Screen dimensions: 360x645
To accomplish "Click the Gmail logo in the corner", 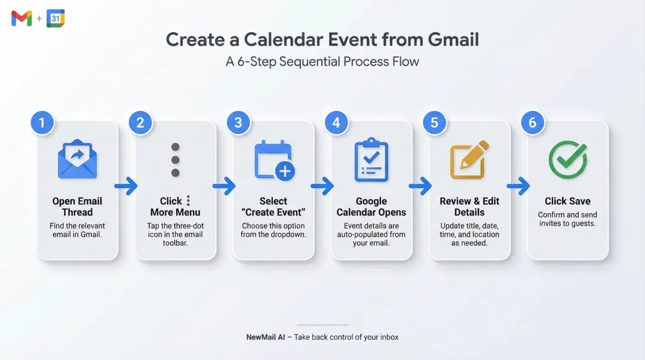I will point(21,19).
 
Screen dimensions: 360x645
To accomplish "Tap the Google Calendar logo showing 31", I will point(56,19).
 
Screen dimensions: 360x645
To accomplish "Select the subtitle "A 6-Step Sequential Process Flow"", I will point(322,61).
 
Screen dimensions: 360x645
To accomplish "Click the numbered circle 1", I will point(42,123).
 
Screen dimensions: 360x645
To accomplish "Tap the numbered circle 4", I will point(336,123).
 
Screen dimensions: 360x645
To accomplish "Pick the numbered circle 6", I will point(532,123).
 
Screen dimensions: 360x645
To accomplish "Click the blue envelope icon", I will point(77,160).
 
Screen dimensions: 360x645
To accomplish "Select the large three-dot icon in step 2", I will point(175,160).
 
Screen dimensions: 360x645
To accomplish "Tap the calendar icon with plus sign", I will point(274,160).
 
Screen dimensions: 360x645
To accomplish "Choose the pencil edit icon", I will point(469,160).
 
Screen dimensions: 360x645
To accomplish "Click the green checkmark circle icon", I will point(567,160).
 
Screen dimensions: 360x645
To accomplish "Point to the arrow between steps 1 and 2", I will point(126,187).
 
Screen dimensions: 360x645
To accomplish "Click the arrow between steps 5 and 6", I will point(518,187).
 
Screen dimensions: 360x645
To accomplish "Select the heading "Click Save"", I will point(567,201).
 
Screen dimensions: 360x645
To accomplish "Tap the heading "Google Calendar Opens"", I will point(371,207).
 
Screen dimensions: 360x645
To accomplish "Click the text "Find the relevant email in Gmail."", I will point(77,230).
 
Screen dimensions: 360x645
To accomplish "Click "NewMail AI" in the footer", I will point(265,337).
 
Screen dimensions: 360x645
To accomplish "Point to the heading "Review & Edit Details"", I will point(469,207).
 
